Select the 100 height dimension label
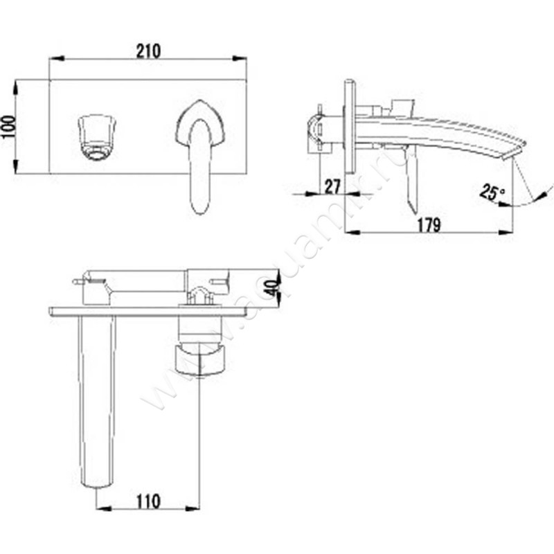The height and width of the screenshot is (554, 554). pyautogui.click(x=7, y=126)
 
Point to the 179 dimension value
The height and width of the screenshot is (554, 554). pyautogui.click(x=430, y=224)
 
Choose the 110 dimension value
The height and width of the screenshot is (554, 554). pyautogui.click(x=148, y=499)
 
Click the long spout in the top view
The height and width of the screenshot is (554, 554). pyautogui.click(x=96, y=402)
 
